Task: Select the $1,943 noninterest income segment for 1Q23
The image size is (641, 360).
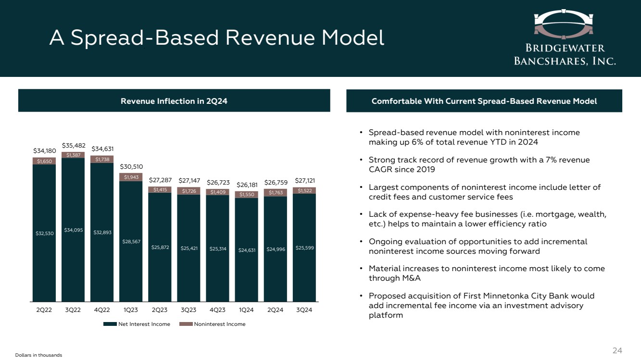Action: pos(131,177)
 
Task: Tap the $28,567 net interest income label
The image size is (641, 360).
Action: pos(131,241)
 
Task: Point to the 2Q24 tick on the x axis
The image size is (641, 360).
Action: pos(275,310)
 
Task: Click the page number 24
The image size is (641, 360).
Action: pos(617,351)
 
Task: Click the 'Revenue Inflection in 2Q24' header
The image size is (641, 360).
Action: pos(174,101)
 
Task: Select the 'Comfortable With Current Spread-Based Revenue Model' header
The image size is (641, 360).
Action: pos(484,101)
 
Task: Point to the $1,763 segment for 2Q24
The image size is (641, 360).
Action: pos(275,192)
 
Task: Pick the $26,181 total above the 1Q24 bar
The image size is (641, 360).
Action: pos(246,185)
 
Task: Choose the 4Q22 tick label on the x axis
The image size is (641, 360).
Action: pos(101,310)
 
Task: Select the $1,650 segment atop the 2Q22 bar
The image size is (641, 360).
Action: pos(44,161)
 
